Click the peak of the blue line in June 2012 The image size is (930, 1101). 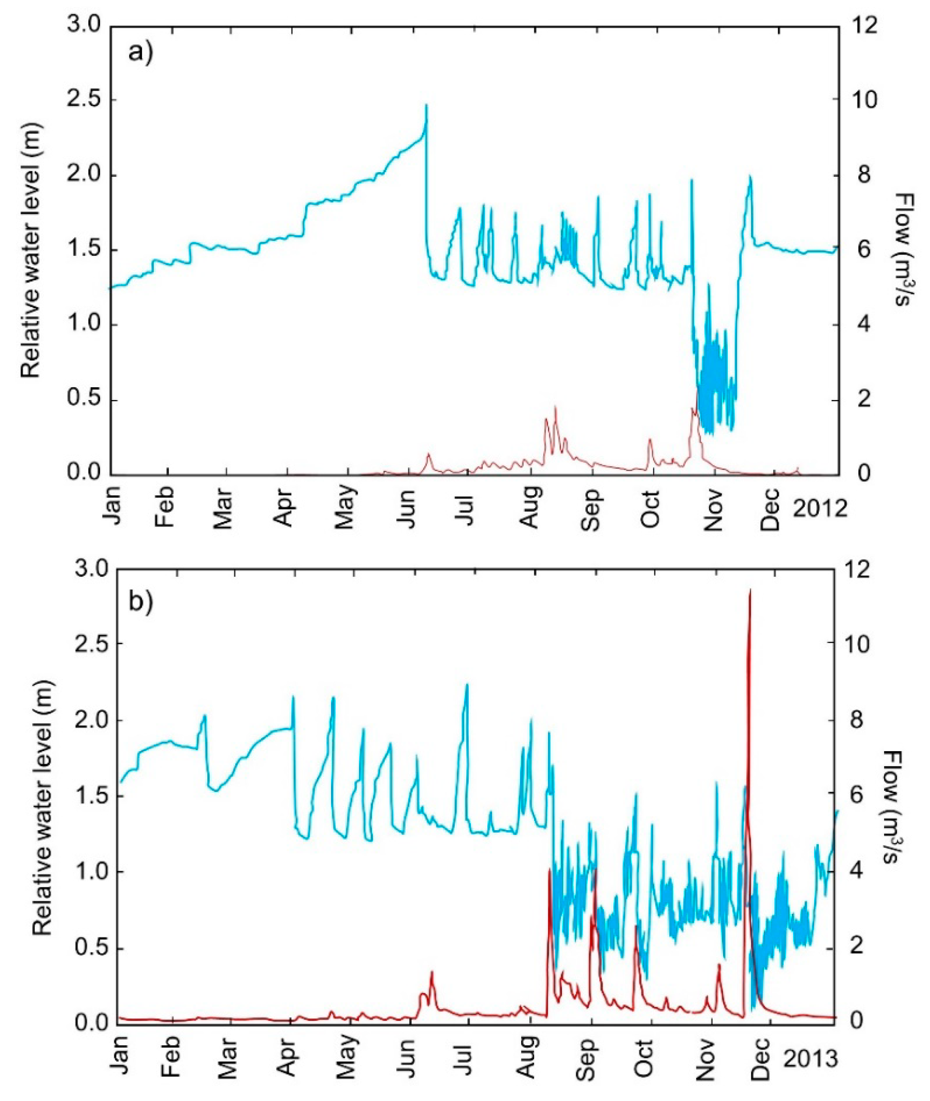[x=426, y=106]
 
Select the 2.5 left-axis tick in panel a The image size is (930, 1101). [x=84, y=100]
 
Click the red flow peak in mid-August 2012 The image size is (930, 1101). [x=555, y=407]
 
